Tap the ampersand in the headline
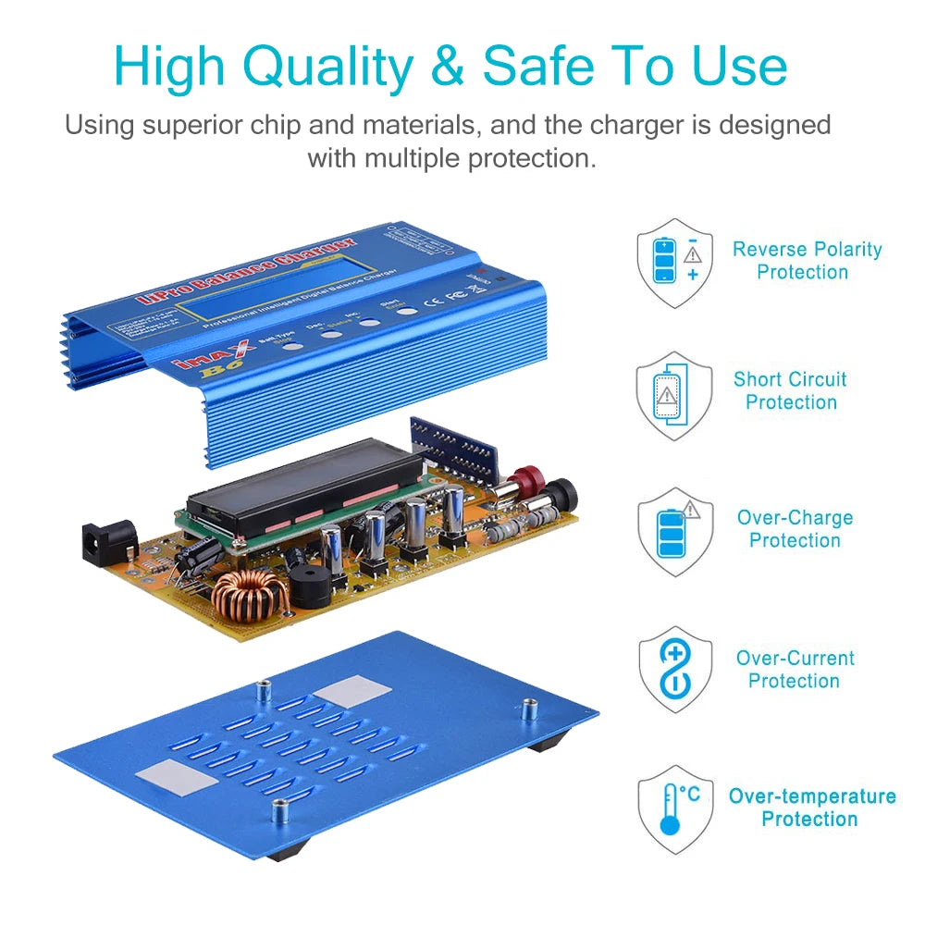[x=448, y=67]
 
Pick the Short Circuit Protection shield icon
[x=674, y=396]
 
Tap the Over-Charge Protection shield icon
[x=674, y=531]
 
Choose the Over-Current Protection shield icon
[x=674, y=669]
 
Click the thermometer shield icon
[x=674, y=808]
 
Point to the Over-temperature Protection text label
[x=811, y=808]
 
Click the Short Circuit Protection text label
[x=790, y=390]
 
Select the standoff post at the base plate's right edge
[x=530, y=711]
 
